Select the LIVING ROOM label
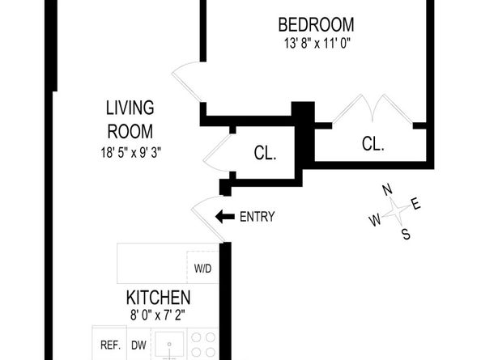(x=130, y=118)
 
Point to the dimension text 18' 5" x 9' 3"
(x=130, y=150)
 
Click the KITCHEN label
(x=158, y=298)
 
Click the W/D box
(x=202, y=269)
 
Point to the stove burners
(x=204, y=346)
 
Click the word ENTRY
(x=257, y=217)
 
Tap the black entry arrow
(x=223, y=217)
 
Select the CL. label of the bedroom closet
(x=372, y=144)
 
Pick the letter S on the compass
(x=406, y=235)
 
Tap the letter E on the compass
(x=416, y=204)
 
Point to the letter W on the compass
(x=375, y=220)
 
